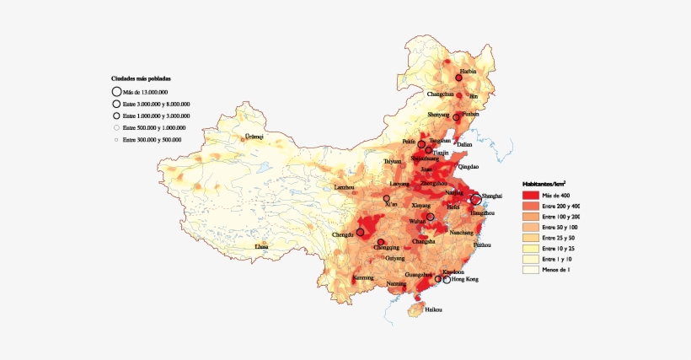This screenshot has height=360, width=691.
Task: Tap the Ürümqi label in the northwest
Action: tap(254, 136)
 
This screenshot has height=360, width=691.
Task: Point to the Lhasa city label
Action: tap(262, 247)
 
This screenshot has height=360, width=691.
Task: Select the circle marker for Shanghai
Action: tap(475, 200)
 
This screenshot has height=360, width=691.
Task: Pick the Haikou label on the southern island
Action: tap(433, 309)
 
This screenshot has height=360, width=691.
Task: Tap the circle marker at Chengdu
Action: tap(360, 232)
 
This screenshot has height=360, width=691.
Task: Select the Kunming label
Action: tap(363, 277)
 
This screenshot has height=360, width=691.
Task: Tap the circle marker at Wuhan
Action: tap(431, 217)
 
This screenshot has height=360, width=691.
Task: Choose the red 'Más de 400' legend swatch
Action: tap(530, 195)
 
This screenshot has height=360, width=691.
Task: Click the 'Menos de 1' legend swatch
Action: tap(530, 271)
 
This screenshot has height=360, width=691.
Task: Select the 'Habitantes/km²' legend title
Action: tap(544, 183)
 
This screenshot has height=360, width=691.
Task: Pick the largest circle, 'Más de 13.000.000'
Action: tap(115, 91)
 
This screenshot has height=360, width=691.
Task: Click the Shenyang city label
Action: tap(438, 115)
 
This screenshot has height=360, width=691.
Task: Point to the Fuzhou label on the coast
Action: tap(482, 244)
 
